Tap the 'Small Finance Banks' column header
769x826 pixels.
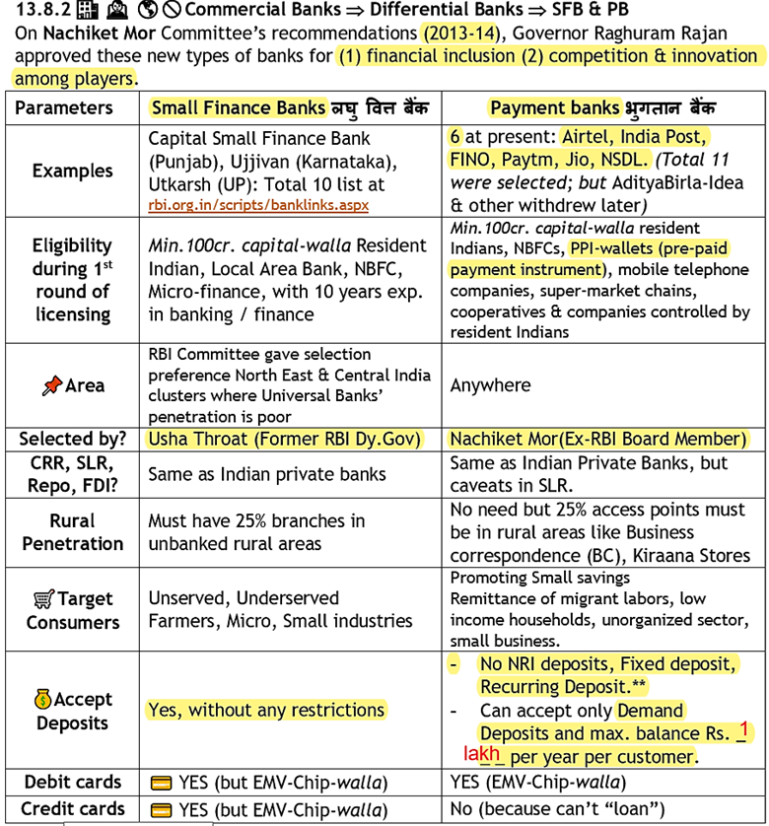(x=237, y=107)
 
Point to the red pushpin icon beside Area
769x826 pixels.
(x=52, y=385)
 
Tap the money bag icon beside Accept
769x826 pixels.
(x=42, y=699)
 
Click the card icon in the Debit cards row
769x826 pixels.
(x=161, y=783)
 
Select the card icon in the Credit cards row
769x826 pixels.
(x=161, y=809)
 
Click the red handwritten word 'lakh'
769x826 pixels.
(x=482, y=753)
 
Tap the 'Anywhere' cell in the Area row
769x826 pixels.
(x=490, y=385)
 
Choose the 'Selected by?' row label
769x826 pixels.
(x=72, y=440)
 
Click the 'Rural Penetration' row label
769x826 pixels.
(x=72, y=532)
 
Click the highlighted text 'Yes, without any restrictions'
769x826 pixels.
(x=266, y=710)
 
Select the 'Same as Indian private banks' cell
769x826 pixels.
(x=266, y=475)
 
